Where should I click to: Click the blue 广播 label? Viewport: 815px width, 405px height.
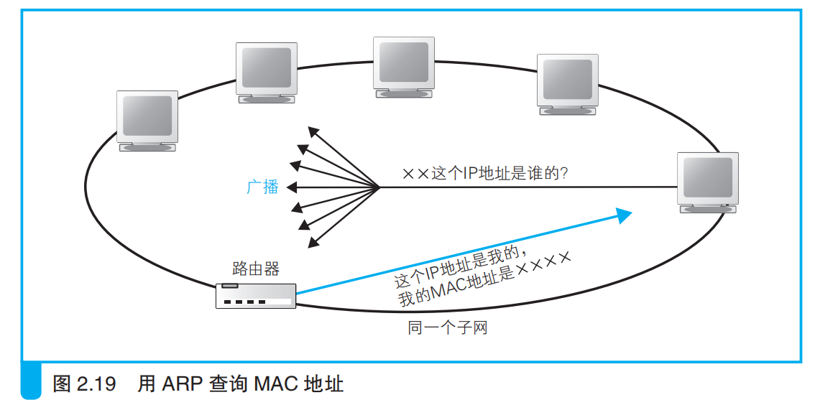click(x=262, y=187)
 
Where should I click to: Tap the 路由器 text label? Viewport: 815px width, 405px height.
click(x=256, y=269)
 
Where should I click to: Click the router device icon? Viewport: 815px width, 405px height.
click(x=256, y=295)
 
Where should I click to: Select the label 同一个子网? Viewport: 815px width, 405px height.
click(x=448, y=329)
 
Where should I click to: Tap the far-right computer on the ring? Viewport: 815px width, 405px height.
click(x=709, y=182)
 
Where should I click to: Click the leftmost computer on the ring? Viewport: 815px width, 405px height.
click(x=147, y=121)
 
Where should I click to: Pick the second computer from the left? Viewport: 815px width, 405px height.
click(x=267, y=72)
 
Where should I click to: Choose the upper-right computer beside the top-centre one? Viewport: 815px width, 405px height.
click(x=568, y=84)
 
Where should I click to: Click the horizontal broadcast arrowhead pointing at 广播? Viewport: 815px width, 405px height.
click(x=290, y=187)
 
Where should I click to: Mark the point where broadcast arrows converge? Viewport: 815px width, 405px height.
click(x=379, y=187)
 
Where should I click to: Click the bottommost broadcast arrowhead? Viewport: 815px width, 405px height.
click(x=313, y=243)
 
